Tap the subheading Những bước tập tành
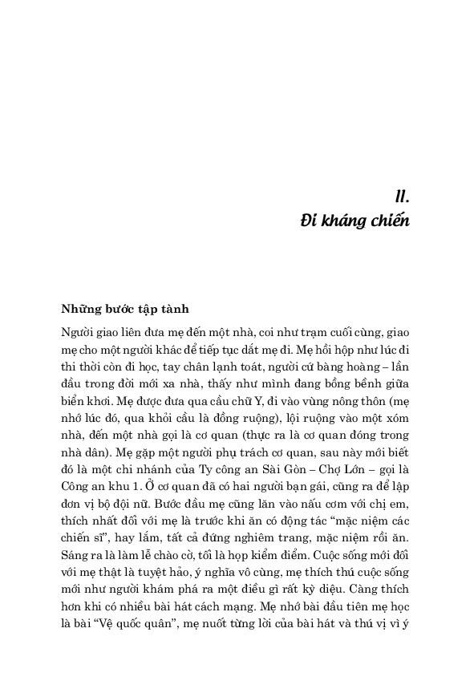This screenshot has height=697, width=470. (124, 309)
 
